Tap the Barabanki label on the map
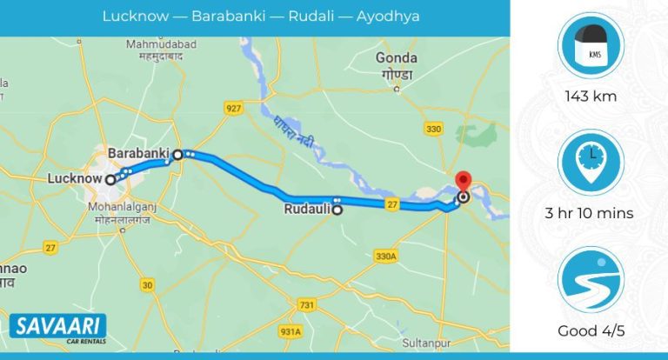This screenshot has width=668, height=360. pyautogui.click(x=137, y=153)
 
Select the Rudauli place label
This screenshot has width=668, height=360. pyautogui.click(x=308, y=210)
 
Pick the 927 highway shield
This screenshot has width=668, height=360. pyautogui.click(x=232, y=108)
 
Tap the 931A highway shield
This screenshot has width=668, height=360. pyautogui.click(x=291, y=332)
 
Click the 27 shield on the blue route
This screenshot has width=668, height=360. pyautogui.click(x=393, y=204)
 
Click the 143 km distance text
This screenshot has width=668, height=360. pyautogui.click(x=591, y=97)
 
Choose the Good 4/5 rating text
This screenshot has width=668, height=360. pyautogui.click(x=591, y=330)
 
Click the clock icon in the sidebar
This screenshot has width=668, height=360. pyautogui.click(x=591, y=160)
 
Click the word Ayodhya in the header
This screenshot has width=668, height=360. pyautogui.click(x=388, y=17)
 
